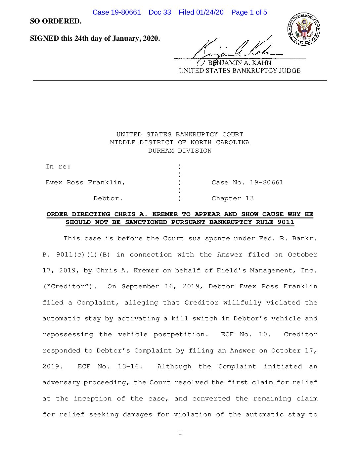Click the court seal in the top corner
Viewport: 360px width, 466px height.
click(303, 29)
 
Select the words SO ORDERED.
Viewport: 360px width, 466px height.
click(56, 21)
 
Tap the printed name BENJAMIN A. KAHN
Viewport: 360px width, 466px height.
click(239, 63)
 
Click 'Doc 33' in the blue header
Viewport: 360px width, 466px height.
click(160, 12)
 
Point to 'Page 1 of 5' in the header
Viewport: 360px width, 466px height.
click(249, 12)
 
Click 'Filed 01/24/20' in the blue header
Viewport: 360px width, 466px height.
click(201, 12)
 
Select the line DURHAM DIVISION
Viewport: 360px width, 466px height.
click(180, 151)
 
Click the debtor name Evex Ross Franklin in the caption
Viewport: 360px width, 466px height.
click(85, 182)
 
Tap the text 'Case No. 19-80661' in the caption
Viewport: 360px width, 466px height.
click(247, 182)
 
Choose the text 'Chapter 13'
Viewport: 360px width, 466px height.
click(233, 198)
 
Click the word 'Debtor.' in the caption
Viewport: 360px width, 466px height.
click(108, 198)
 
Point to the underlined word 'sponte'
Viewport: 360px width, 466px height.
click(217, 238)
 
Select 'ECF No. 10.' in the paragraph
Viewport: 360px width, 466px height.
click(246, 334)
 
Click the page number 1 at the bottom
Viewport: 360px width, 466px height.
click(180, 433)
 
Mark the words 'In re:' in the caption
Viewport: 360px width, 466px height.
click(58, 166)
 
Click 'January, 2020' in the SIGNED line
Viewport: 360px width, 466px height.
click(136, 38)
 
